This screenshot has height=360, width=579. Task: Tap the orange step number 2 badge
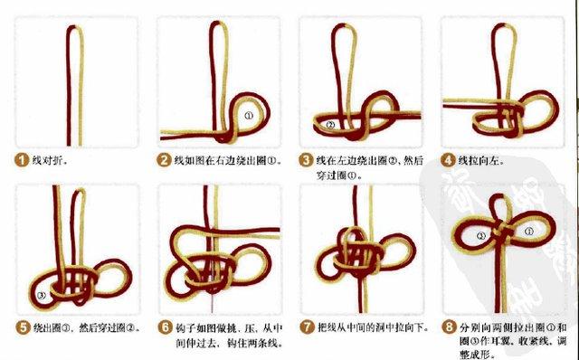pos(164,161)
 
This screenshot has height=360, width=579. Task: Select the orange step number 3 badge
pos(307,161)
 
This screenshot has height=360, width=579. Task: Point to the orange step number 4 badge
pos(449,161)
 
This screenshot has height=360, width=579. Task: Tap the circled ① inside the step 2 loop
pos(249,116)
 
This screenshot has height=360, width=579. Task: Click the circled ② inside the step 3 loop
pos(331,124)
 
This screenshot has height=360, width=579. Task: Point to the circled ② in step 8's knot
pos(482,235)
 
